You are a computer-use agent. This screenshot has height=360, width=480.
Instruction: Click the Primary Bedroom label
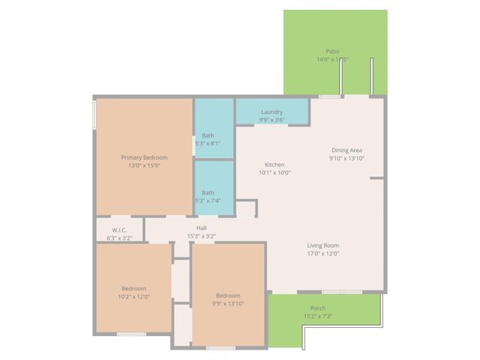click(144, 157)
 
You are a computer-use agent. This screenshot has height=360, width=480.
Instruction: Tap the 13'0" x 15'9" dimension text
click(144, 166)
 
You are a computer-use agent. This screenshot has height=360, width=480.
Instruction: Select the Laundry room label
click(272, 112)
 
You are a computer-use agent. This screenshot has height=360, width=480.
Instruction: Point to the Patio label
click(332, 51)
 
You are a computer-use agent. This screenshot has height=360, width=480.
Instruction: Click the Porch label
click(317, 308)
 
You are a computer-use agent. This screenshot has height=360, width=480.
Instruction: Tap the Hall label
click(202, 228)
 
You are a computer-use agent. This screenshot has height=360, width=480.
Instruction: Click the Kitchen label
click(274, 164)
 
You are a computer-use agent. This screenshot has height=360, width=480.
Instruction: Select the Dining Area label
click(346, 150)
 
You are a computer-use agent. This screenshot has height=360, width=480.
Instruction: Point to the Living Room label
click(322, 245)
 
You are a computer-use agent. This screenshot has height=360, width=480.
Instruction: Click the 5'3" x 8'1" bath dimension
click(208, 143)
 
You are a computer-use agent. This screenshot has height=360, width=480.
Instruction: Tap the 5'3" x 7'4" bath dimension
click(208, 200)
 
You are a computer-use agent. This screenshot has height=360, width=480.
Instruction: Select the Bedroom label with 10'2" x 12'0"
click(133, 288)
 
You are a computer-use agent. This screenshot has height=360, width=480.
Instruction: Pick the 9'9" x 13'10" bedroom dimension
click(228, 303)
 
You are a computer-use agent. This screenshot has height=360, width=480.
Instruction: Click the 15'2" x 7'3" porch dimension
click(317, 316)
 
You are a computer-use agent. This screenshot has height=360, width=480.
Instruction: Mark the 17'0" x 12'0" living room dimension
click(322, 253)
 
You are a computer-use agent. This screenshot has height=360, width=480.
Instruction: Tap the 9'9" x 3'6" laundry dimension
click(272, 120)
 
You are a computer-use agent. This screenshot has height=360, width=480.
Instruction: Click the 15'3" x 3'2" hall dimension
click(202, 236)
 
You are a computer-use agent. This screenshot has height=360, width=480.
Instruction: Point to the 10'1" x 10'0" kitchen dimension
click(274, 172)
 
